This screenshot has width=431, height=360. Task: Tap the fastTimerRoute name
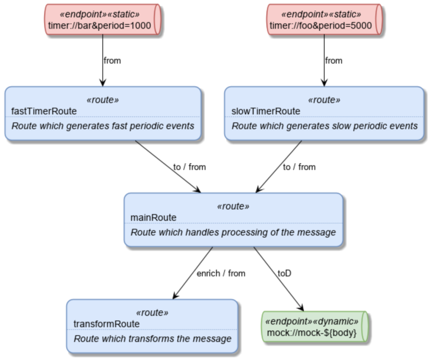pyautogui.click(x=44, y=111)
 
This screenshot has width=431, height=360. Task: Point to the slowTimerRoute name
pyautogui.click(x=266, y=111)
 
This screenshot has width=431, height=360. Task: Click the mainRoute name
pyautogui.click(x=154, y=217)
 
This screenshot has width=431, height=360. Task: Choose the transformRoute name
pyautogui.click(x=107, y=323)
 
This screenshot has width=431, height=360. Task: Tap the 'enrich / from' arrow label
pyautogui.click(x=220, y=273)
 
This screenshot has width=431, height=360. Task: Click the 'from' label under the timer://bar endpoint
pyautogui.click(x=112, y=60)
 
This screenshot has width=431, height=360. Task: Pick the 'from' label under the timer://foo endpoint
pyautogui.click(x=333, y=60)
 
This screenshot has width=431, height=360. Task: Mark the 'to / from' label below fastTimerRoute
pyautogui.click(x=189, y=167)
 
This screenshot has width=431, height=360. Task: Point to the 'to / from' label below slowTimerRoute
pyautogui.click(x=299, y=167)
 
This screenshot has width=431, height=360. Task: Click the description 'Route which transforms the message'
pyautogui.click(x=152, y=339)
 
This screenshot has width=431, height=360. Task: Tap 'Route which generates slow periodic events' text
pyautogui.click(x=325, y=126)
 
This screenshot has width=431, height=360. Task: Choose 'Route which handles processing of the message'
pyautogui.click(x=233, y=232)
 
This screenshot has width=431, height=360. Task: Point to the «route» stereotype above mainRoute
pyautogui.click(x=233, y=206)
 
